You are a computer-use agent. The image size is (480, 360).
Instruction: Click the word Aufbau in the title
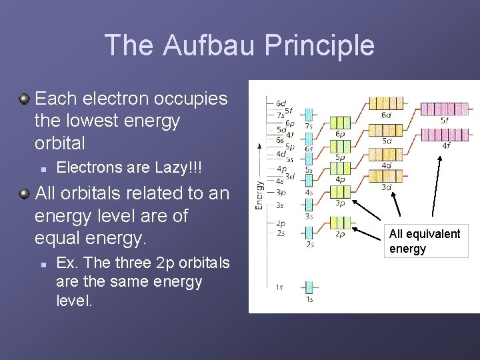(x=204, y=45)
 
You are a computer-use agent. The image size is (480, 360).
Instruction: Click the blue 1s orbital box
(x=309, y=287)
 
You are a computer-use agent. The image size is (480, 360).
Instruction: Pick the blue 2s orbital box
(x=309, y=233)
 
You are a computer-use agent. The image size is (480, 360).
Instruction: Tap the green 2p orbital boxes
(x=340, y=223)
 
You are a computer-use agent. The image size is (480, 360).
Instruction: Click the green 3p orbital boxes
(x=340, y=192)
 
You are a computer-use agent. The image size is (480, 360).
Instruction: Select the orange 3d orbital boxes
(x=386, y=175)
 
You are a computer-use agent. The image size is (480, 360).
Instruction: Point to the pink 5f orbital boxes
(x=445, y=109)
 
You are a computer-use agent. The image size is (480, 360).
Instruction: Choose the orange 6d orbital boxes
(x=386, y=103)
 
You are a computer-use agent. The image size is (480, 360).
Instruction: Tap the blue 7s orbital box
(x=309, y=114)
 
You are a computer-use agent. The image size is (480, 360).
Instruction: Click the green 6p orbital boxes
(x=340, y=123)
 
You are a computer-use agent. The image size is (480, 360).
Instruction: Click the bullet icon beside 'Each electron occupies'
(x=24, y=99)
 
